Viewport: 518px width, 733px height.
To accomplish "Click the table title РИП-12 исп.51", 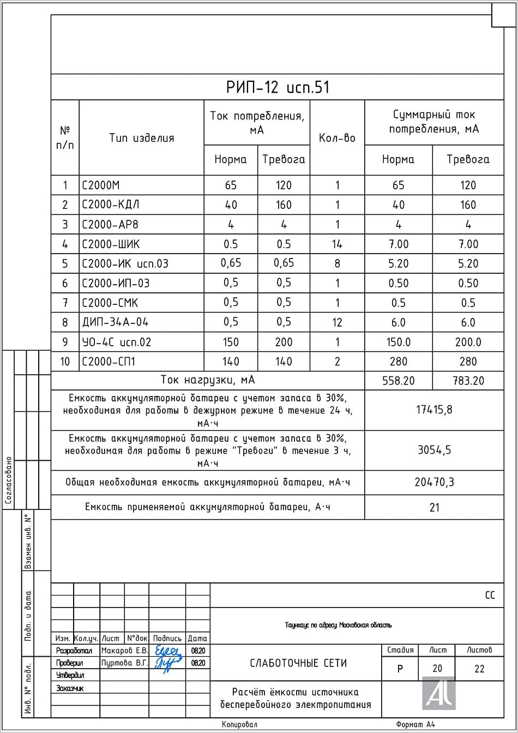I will (x=278, y=87).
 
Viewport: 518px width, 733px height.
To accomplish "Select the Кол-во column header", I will (x=337, y=138).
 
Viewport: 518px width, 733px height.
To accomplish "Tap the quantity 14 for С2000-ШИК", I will (x=337, y=244).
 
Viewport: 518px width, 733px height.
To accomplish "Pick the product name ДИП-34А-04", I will (x=115, y=322).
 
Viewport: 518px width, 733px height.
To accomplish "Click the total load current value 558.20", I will (x=398, y=381).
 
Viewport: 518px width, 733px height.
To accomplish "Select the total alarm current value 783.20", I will (x=468, y=381).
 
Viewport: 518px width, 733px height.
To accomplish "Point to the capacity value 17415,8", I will (x=434, y=410).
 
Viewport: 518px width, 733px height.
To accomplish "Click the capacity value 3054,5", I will (x=434, y=450).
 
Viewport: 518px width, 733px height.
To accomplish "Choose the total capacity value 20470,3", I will (x=434, y=482).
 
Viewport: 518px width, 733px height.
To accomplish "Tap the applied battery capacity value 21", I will (x=434, y=507).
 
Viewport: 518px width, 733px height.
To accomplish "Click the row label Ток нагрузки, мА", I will (x=208, y=380).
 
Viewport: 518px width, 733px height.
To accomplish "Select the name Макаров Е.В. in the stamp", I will (x=124, y=651).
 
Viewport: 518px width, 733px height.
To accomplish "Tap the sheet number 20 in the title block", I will (x=437, y=669).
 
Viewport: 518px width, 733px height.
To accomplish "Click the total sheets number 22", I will (x=479, y=669).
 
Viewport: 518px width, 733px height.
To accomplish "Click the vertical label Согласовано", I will (x=8, y=480).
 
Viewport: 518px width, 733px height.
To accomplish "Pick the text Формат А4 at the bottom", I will (x=415, y=724).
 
